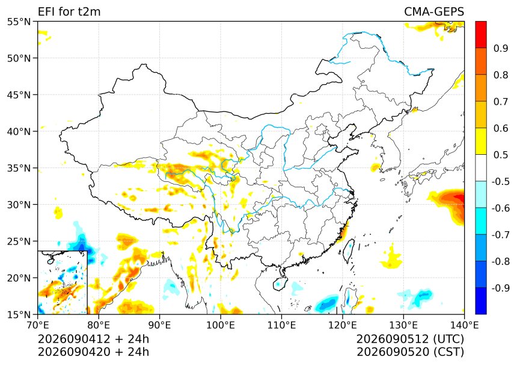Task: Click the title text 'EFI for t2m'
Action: pos(69,12)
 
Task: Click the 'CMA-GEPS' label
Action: pos(434,12)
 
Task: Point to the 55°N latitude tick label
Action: pos(19,22)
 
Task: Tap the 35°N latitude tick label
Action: pos(19,168)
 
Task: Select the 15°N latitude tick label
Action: pos(19,314)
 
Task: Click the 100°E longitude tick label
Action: pos(221,325)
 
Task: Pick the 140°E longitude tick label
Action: pos(464,325)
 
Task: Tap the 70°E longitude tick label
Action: pos(38,325)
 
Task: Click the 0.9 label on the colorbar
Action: pos(501,48)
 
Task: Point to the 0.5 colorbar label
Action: pos(501,155)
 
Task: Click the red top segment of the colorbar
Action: pos(481,35)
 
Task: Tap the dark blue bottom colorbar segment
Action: pos(481,301)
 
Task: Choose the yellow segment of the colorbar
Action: pos(481,142)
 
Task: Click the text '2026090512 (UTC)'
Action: pos(410,339)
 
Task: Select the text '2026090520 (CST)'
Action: pos(410,352)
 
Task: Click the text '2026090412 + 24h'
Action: pos(93,339)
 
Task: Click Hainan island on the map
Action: pos(280,284)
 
